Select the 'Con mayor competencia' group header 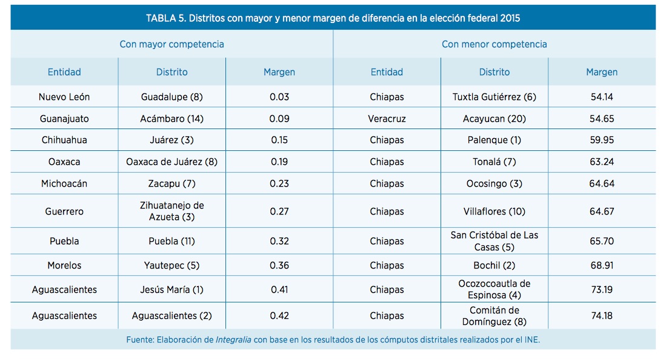pos(171,44)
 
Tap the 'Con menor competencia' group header pos(494,44)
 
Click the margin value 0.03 pos(279,97)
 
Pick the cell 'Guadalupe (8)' pos(171,97)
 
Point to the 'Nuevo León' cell pos(64,97)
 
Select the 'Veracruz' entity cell pos(387,119)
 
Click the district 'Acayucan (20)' pos(494,119)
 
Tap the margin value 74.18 pos(602,316)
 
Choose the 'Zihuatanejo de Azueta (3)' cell pos(171,212)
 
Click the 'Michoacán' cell pos(64,184)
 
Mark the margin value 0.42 pos(279,316)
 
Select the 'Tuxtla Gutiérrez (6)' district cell pos(494,97)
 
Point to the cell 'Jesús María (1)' pos(171,290)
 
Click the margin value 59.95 pos(602,140)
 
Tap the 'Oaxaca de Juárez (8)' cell pos(171,162)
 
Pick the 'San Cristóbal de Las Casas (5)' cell pos(494,241)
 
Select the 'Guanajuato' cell pos(64,119)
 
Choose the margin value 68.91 pos(602,265)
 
